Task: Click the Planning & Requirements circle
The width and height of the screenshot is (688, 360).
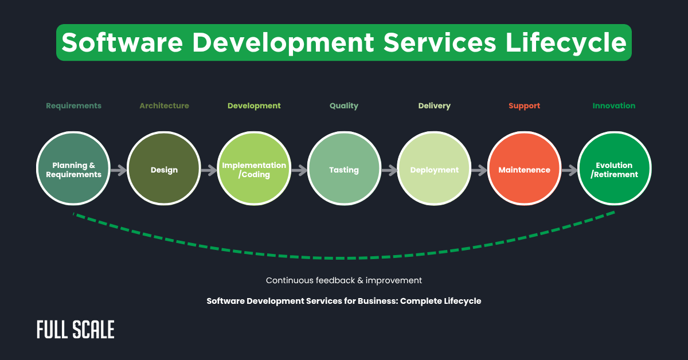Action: tap(73, 170)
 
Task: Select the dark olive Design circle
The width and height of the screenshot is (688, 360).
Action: tap(164, 170)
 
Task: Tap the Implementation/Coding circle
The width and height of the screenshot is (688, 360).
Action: tap(254, 170)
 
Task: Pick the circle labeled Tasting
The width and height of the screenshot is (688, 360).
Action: tap(344, 170)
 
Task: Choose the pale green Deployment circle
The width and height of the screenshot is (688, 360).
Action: tap(434, 170)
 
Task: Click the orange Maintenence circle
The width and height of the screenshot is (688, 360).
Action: tap(524, 170)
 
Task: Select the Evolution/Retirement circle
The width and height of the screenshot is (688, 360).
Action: tap(614, 170)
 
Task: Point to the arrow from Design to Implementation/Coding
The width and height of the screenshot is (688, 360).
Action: tap(209, 170)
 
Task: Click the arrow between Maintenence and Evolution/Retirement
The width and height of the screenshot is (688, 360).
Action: tap(569, 170)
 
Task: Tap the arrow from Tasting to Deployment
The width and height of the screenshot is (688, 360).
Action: tap(389, 170)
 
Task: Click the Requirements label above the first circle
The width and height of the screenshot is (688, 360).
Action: tap(73, 105)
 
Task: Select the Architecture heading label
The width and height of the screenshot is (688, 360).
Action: tap(164, 105)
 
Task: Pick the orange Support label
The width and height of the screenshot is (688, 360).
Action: tap(524, 105)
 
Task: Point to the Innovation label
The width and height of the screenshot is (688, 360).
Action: tap(614, 105)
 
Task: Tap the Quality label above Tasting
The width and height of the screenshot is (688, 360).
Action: tap(344, 105)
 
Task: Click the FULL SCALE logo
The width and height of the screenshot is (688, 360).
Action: tap(75, 330)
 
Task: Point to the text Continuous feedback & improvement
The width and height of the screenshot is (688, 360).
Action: tap(344, 280)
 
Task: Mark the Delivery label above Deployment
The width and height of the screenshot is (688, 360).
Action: tap(434, 105)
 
